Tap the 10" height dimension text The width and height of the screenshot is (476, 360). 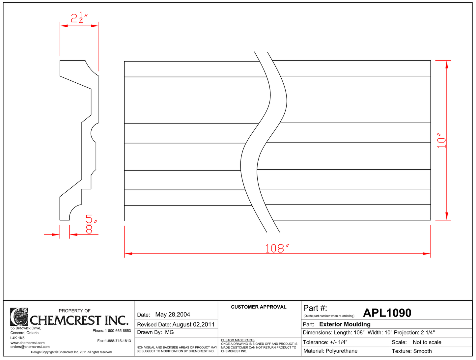[x=441, y=141]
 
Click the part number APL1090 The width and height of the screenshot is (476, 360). [x=387, y=313]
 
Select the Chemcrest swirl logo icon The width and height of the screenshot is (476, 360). [x=19, y=317]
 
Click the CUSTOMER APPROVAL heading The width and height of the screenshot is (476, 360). [x=259, y=307]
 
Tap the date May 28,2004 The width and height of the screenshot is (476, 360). [x=173, y=315]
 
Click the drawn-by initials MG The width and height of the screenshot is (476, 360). [x=169, y=332]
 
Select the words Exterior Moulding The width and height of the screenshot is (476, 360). [x=345, y=324]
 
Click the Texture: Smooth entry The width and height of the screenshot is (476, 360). [x=412, y=351]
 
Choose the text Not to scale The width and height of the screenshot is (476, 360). [x=427, y=342]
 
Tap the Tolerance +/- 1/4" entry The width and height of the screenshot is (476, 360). [x=325, y=342]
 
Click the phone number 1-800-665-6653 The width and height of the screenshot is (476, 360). [x=118, y=331]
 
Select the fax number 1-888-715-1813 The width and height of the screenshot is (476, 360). [x=118, y=341]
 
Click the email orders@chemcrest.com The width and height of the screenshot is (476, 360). [x=30, y=347]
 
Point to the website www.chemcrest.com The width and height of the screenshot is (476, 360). [x=27, y=343]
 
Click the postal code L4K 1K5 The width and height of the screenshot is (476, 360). [x=17, y=338]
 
